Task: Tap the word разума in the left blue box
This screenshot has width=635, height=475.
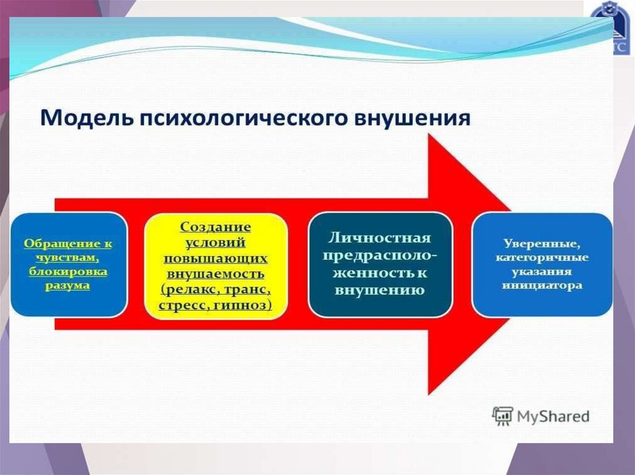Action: (68, 285)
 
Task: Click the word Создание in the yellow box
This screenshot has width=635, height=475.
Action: (215, 227)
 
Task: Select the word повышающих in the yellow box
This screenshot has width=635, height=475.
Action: (216, 258)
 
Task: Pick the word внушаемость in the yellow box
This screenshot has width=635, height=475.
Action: (216, 273)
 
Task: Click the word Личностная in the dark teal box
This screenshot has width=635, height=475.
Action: (380, 238)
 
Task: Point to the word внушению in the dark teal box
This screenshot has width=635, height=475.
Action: (380, 290)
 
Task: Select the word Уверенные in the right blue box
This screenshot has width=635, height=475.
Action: (542, 243)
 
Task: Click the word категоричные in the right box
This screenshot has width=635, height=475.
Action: (542, 258)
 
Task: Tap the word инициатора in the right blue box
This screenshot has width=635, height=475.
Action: (542, 286)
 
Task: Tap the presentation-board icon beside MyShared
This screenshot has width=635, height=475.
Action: (502, 416)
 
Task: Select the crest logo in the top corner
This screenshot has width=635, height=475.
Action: (611, 28)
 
